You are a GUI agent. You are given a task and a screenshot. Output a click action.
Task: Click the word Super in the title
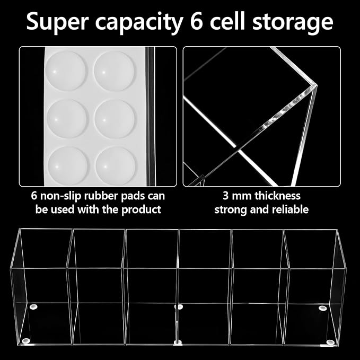57,22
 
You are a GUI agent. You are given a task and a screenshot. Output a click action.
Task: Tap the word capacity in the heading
139,23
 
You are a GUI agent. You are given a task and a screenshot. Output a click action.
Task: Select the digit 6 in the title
197,21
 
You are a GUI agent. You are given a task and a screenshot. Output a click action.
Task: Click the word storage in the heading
293,23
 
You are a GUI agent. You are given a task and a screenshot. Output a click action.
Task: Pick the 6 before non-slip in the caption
34,196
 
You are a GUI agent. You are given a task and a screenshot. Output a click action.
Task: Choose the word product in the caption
141,210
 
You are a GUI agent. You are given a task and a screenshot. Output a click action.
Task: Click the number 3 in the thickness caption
226,196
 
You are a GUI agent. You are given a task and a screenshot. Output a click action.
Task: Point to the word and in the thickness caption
259,209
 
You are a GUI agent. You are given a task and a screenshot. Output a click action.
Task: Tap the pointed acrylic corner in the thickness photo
317,86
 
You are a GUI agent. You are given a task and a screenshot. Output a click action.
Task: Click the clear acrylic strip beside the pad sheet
151,117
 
